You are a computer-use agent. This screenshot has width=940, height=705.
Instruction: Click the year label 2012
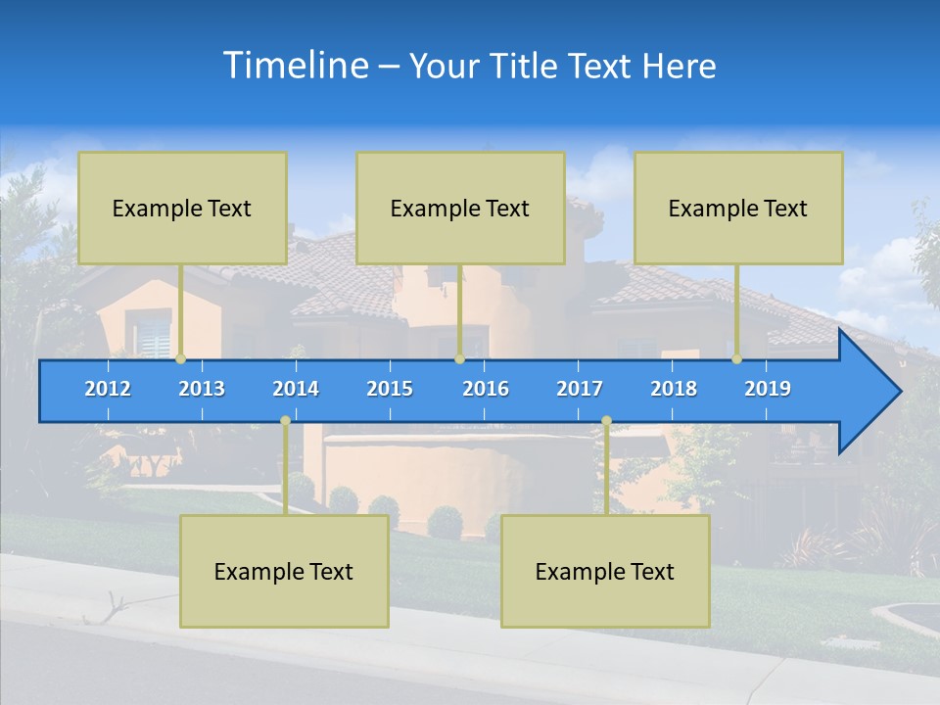coord(108,389)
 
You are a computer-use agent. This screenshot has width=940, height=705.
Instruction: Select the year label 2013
coord(202,389)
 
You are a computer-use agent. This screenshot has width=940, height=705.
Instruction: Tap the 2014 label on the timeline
coord(296,389)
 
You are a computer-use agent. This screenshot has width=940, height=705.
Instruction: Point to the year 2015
coord(390,389)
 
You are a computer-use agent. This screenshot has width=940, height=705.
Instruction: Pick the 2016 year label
coord(486,389)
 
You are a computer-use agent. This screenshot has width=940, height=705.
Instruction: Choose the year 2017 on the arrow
coord(580,389)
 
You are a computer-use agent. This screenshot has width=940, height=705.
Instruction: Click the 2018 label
coord(674,389)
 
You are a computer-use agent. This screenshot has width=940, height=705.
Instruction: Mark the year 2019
coord(768,389)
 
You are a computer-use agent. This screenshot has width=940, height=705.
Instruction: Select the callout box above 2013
coord(182,208)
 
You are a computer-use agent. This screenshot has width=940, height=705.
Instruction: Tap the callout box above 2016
coord(460,208)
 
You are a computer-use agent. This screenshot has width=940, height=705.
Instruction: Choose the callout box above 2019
coord(738,208)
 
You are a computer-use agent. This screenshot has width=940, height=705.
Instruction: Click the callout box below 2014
coord(284,571)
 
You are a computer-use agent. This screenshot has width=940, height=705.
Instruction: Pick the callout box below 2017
coord(605,571)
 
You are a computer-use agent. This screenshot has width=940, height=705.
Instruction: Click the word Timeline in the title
coord(295,65)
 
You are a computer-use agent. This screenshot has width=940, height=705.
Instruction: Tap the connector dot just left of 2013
coord(181,359)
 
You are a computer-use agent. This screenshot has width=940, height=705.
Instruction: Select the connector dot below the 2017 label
coord(606,421)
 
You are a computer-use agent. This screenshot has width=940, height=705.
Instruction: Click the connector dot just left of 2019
coord(737,359)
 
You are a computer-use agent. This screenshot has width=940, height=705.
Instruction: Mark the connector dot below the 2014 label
coord(285,421)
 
